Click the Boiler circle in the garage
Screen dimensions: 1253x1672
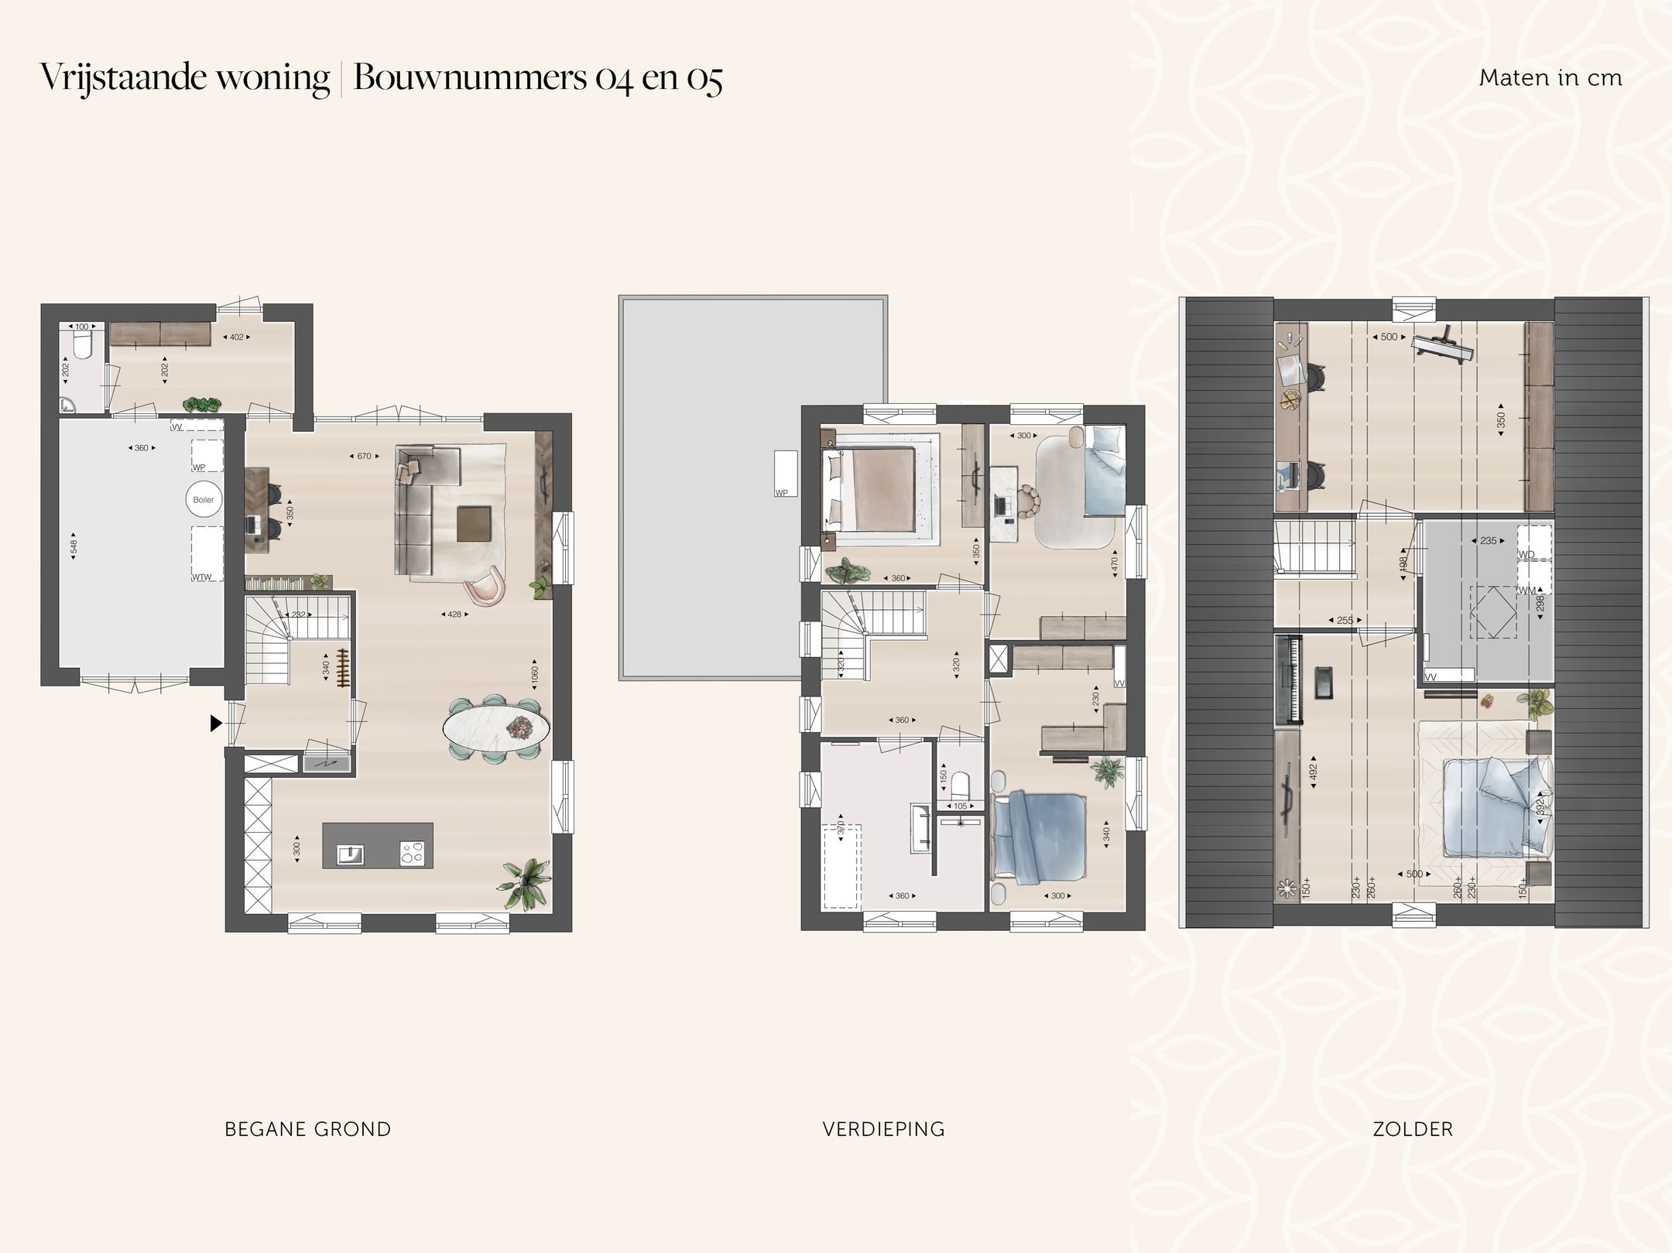coord(204,500)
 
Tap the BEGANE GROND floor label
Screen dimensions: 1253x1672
coord(307,1129)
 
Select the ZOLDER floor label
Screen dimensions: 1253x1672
coord(1413,1129)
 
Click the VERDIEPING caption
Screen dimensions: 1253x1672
coord(883,1129)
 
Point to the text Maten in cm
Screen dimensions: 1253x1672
coord(1550,78)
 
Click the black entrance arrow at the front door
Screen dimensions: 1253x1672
coord(216,723)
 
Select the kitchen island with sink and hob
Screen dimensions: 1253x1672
coord(378,846)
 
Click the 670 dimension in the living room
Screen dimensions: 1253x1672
coord(364,457)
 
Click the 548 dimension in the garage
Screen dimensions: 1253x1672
coord(74,547)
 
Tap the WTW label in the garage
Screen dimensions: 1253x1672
coord(202,577)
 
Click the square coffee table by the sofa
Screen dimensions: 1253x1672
coord(473,523)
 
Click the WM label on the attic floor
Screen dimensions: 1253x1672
coord(1527,591)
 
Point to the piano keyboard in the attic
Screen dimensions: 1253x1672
coord(1287,678)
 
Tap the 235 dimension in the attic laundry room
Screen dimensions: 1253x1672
coord(1488,541)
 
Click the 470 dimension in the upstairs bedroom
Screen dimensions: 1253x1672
coord(1115,563)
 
